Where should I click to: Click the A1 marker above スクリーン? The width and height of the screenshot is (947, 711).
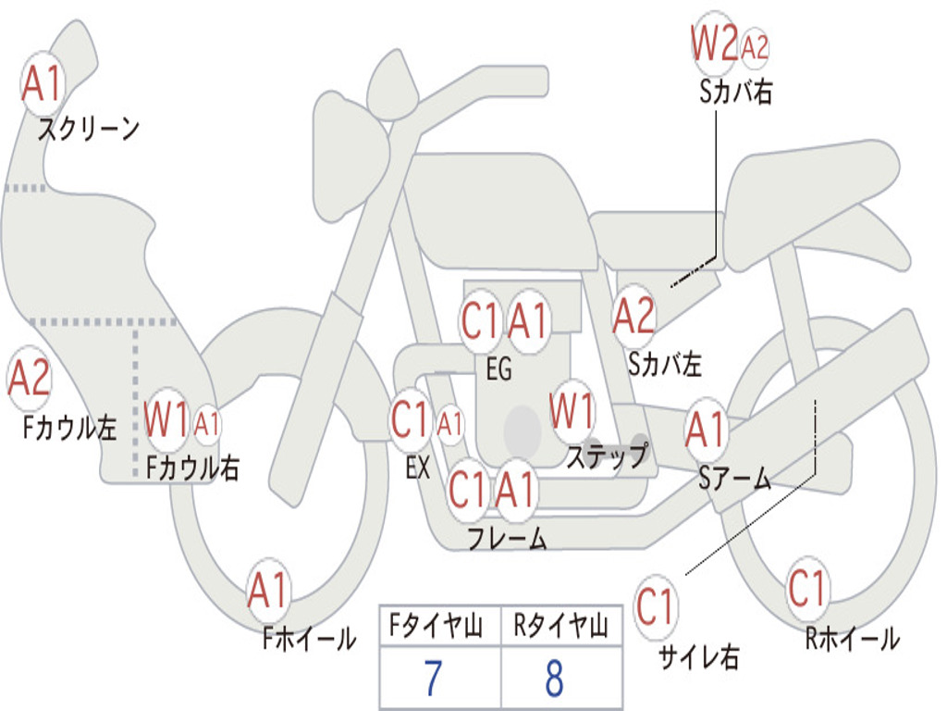(43, 83)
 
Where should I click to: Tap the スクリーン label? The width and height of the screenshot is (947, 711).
(89, 129)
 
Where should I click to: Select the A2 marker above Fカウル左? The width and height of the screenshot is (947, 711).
(29, 379)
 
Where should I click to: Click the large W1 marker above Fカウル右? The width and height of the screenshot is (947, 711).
(166, 419)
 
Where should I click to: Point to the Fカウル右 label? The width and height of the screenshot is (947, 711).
(192, 468)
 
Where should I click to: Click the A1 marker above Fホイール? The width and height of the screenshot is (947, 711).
(268, 590)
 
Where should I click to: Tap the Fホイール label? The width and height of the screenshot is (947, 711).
(309, 639)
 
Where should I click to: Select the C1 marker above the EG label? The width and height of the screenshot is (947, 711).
(481, 320)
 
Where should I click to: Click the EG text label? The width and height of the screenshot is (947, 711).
(498, 368)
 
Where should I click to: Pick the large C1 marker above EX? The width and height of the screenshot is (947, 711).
(411, 420)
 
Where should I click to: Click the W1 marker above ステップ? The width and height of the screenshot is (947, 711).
(572, 411)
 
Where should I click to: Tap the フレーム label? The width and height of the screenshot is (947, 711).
(508, 538)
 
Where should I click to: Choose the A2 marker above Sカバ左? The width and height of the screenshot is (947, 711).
(633, 317)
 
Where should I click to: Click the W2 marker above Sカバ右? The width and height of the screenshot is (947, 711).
(715, 43)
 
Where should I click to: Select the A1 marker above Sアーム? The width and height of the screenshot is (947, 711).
(705, 430)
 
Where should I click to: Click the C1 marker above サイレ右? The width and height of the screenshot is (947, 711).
(656, 606)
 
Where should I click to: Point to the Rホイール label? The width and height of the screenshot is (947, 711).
(853, 639)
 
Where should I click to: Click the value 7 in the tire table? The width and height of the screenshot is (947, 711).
(434, 679)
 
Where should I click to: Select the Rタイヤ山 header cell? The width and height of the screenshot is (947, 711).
(561, 626)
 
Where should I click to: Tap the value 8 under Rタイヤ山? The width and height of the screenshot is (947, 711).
(555, 679)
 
